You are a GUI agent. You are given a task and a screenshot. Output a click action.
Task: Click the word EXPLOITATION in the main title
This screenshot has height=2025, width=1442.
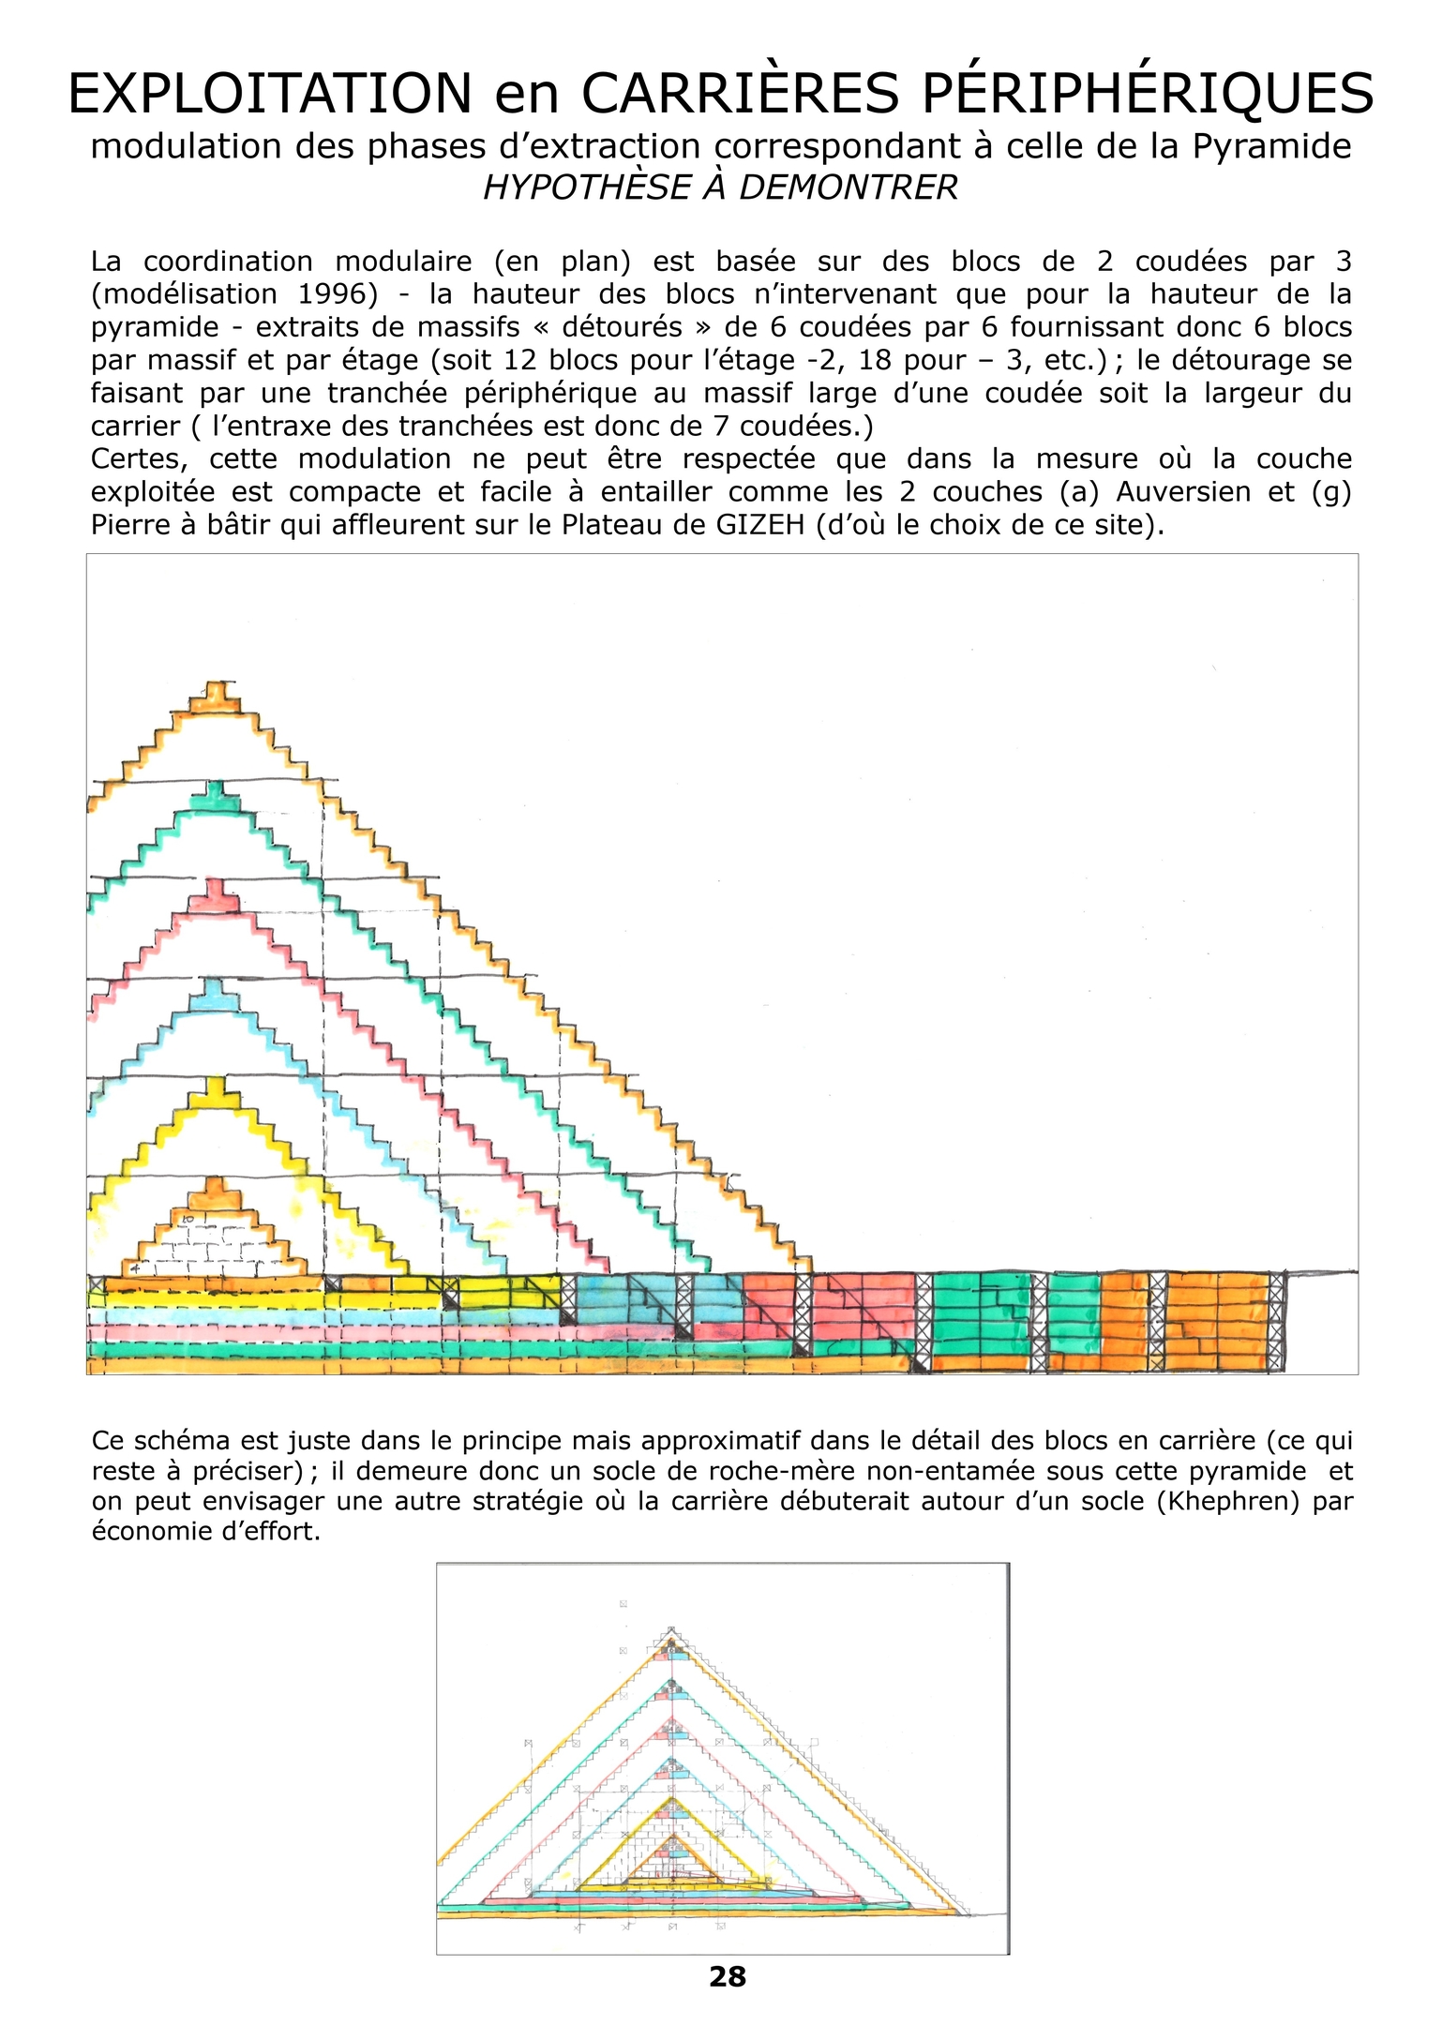[270, 94]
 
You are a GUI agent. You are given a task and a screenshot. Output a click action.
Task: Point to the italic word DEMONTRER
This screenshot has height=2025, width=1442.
[849, 187]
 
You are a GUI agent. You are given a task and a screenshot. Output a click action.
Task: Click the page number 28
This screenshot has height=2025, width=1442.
[728, 1978]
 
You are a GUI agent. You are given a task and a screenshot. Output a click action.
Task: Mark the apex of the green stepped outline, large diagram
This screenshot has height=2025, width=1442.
[217, 786]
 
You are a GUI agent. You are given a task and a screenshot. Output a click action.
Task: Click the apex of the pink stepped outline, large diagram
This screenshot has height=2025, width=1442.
[217, 884]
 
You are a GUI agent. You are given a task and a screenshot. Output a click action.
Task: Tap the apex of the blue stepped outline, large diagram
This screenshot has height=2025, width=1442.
[217, 983]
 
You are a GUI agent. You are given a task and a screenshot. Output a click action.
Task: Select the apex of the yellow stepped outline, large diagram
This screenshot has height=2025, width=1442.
[217, 1082]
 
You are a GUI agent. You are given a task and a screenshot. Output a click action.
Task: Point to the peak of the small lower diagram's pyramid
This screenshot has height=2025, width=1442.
[670, 1629]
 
